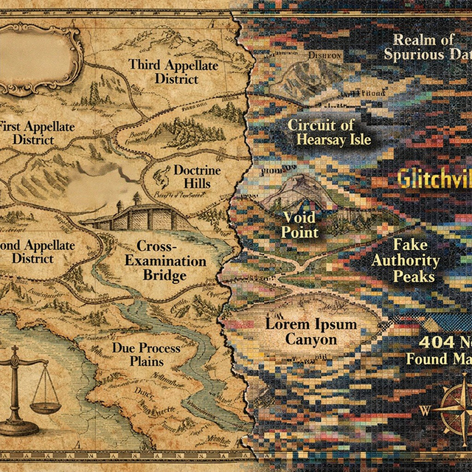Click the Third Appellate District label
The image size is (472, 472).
(x=174, y=71)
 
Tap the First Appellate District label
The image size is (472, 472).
(x=37, y=133)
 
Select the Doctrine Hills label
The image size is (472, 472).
(x=197, y=176)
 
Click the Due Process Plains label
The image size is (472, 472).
(x=138, y=353)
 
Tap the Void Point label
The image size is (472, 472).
(x=300, y=225)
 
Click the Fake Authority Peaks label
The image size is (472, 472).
(x=406, y=260)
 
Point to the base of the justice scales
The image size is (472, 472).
(x=20, y=428)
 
